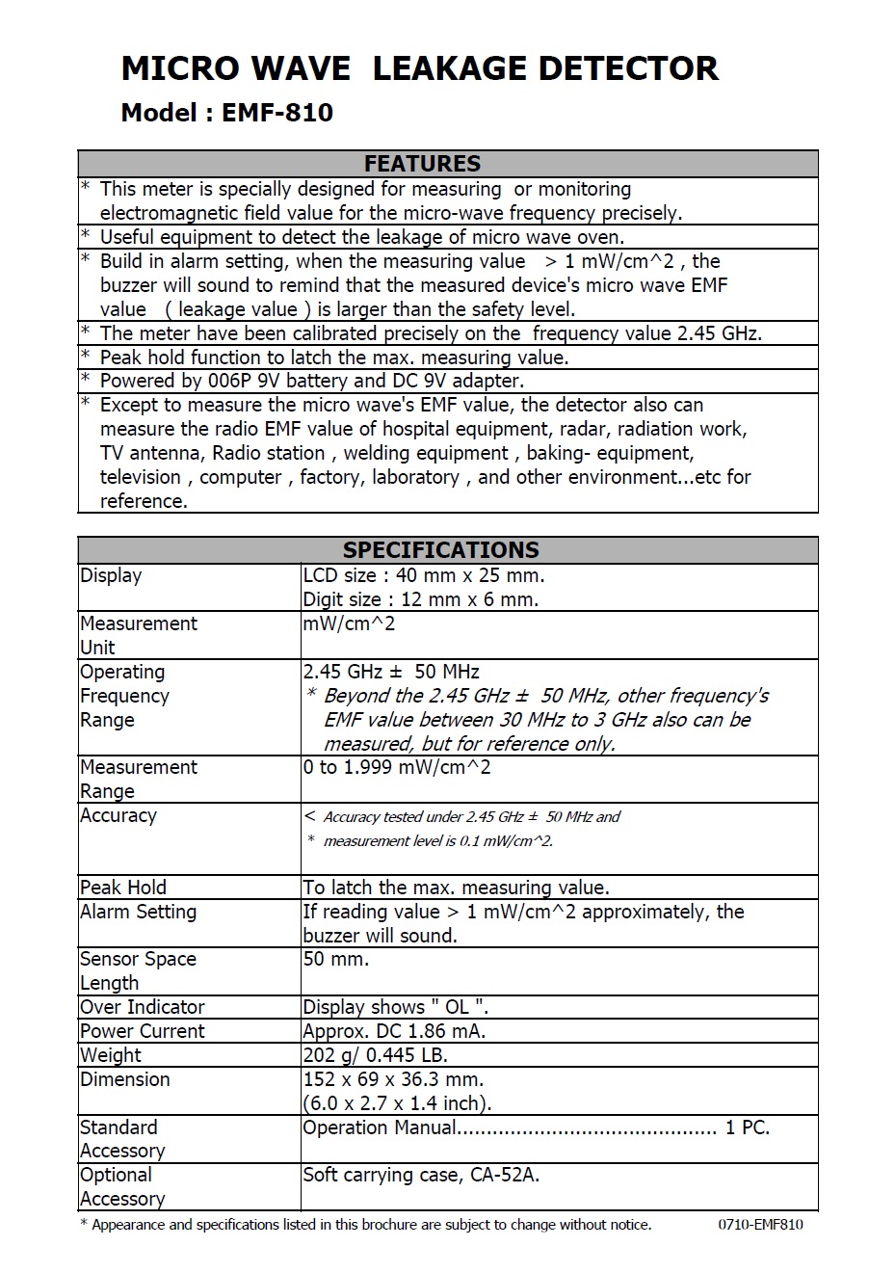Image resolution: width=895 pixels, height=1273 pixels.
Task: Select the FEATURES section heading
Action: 422,163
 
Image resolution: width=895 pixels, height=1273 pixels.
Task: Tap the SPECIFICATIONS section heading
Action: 440,549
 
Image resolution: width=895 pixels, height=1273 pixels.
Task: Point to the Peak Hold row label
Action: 122,888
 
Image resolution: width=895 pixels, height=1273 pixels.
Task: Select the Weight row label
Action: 112,1055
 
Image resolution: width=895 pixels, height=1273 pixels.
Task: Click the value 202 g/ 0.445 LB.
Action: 375,1055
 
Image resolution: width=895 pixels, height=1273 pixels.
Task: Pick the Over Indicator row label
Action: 143,1007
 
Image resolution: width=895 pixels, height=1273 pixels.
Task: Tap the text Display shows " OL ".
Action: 395,1007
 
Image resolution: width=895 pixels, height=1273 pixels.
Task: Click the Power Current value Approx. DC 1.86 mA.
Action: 394,1031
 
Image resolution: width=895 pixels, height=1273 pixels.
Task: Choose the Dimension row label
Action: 124,1079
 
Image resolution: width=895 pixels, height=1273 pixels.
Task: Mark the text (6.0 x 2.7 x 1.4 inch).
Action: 397,1103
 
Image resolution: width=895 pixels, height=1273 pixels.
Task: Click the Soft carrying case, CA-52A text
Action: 420,1175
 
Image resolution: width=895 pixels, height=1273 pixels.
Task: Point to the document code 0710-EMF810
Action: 760,1225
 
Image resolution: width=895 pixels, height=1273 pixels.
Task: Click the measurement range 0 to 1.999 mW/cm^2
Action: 396,767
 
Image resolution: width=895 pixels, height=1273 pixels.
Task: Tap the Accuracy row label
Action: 118,815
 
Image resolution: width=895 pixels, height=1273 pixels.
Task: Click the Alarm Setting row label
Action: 138,912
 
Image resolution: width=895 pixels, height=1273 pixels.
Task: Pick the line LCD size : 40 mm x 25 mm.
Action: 423,575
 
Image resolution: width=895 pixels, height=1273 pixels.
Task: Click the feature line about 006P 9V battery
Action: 311,381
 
